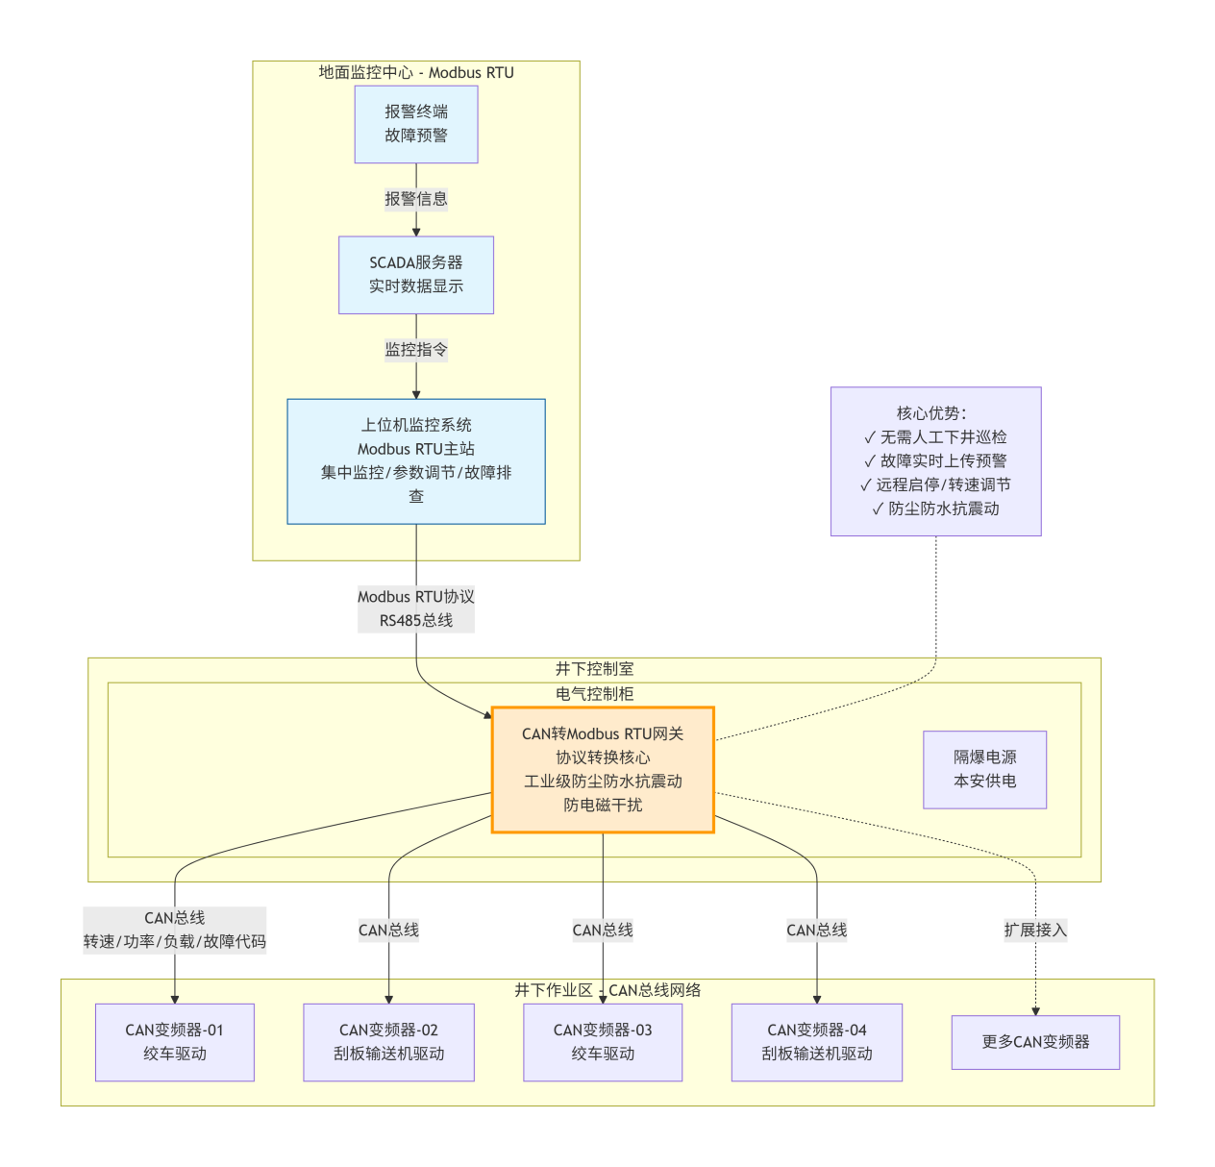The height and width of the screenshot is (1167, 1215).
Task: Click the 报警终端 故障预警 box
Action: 416,124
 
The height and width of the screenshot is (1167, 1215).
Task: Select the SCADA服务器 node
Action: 416,275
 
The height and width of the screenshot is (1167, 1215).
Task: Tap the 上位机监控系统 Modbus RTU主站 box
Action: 416,461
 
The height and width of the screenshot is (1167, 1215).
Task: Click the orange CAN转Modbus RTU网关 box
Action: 603,770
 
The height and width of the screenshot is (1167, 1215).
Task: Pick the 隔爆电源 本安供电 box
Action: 984,769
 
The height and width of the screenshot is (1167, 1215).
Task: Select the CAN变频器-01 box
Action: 175,1042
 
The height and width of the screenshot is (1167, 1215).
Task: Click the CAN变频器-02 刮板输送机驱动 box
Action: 388,1042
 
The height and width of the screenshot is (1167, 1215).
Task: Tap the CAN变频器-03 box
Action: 603,1042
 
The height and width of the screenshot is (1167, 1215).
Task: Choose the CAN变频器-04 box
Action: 816,1042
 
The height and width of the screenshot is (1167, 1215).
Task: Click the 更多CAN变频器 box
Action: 1035,1042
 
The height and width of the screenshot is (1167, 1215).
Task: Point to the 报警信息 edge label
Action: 416,199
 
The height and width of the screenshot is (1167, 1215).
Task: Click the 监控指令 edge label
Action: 416,350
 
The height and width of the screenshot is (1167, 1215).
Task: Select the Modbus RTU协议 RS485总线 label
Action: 416,608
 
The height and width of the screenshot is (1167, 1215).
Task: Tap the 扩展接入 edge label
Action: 1035,930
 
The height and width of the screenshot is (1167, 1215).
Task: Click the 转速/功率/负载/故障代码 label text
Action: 175,942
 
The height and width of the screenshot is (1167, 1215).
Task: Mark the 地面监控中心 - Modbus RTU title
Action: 416,73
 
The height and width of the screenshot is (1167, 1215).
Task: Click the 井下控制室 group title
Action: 594,669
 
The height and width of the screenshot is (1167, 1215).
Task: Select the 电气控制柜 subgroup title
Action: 594,694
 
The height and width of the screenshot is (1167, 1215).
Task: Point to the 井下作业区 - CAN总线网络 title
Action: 607,990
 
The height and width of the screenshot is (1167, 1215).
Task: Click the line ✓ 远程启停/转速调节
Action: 935,484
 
